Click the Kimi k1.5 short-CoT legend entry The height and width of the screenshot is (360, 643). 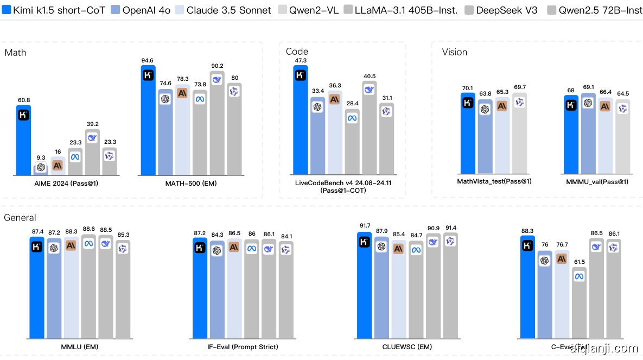pyautogui.click(x=52, y=10)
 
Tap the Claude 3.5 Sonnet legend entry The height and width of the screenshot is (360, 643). pyautogui.click(x=222, y=10)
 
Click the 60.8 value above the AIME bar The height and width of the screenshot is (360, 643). pyautogui.click(x=23, y=100)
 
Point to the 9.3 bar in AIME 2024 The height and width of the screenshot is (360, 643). pyautogui.click(x=41, y=169)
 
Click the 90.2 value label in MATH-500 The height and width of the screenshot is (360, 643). pyautogui.click(x=217, y=66)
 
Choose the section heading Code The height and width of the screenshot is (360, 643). pyautogui.click(x=297, y=52)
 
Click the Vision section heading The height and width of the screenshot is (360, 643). pyautogui.click(x=454, y=52)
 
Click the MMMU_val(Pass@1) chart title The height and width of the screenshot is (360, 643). pyautogui.click(x=597, y=181)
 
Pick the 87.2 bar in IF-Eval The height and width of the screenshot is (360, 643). pyautogui.click(x=200, y=288)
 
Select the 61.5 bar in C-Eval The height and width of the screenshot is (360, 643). pyautogui.click(x=580, y=304)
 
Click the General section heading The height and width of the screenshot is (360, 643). pyautogui.click(x=20, y=218)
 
